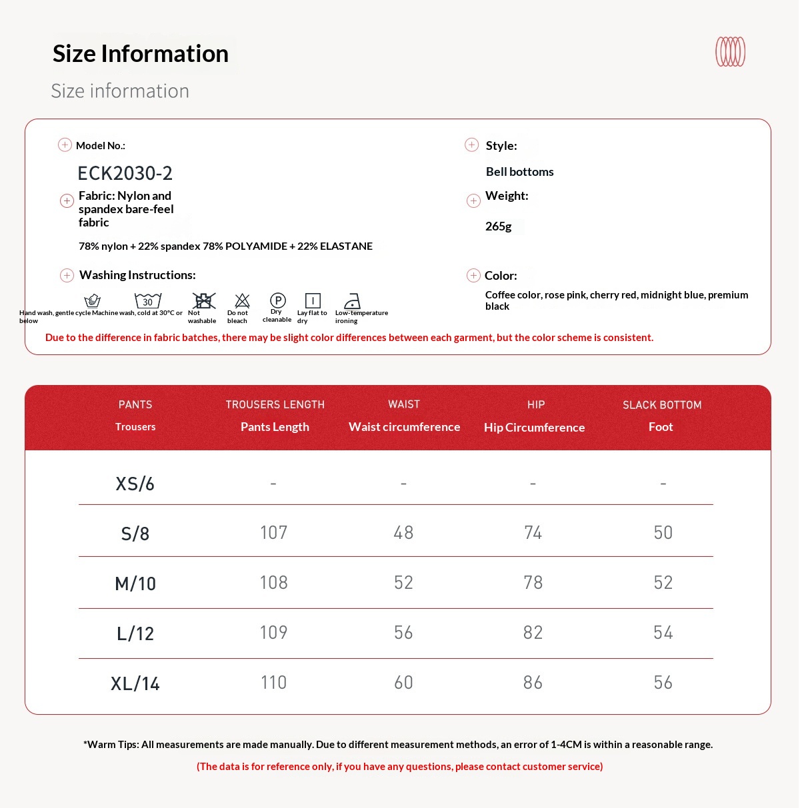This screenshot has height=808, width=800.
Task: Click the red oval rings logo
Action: (730, 52)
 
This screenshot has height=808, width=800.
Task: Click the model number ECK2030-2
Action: (125, 173)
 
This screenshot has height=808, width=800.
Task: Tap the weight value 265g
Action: (499, 226)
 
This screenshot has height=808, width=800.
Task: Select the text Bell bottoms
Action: (519, 172)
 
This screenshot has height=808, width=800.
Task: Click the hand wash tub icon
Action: (93, 301)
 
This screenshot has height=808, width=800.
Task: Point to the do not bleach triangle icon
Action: (242, 301)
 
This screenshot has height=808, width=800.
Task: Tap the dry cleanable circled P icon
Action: (278, 300)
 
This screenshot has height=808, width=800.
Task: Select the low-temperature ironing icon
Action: (352, 301)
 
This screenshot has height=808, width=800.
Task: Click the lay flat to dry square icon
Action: (313, 301)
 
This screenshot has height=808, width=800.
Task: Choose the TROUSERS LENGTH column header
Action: (275, 405)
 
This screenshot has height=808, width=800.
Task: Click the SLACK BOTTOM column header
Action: (662, 405)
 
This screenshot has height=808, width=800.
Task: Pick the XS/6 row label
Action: (135, 484)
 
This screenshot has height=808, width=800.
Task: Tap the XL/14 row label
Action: (135, 683)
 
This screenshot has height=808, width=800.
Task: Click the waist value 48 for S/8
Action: (403, 533)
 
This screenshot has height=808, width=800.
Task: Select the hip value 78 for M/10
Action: (533, 583)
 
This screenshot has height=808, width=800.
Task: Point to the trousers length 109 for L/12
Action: (273, 633)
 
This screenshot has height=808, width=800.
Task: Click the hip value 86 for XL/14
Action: (533, 683)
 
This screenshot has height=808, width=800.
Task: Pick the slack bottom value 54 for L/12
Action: (663, 633)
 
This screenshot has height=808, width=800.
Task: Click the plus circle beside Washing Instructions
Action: (67, 275)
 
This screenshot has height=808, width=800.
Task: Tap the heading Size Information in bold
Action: (141, 54)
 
